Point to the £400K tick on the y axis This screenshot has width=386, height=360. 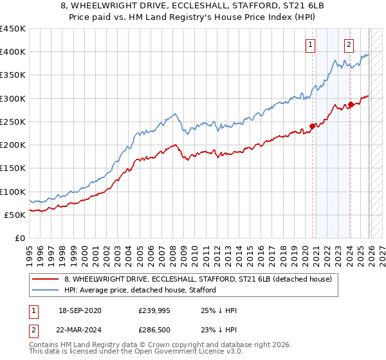[13, 52]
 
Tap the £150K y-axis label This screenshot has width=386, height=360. [13, 168]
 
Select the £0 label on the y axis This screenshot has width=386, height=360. [20, 238]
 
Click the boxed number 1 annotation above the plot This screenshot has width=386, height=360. [311, 44]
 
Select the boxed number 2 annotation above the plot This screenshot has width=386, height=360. [349, 44]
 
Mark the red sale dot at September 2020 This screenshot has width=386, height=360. [312, 126]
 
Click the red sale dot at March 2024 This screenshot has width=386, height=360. [351, 105]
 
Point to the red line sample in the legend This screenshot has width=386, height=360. [46, 279]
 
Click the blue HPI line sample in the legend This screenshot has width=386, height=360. [46, 291]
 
